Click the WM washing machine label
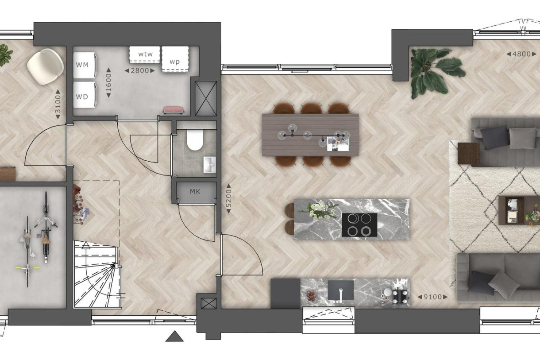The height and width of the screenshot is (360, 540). [x=82, y=65]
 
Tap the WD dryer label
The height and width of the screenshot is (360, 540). [x=82, y=96]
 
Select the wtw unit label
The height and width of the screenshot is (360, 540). [x=145, y=54]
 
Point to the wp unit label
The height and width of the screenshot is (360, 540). [x=175, y=62]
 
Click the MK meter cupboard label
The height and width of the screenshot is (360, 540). [x=195, y=192]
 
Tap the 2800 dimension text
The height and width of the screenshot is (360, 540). [x=140, y=70]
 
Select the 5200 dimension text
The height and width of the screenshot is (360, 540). [x=229, y=199]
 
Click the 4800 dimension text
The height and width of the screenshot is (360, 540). [x=521, y=54]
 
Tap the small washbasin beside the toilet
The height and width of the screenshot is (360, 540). [x=209, y=164]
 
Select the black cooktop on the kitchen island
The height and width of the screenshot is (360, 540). [x=359, y=225]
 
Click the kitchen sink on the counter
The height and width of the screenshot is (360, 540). [x=340, y=290]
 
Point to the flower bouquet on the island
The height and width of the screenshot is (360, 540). [x=321, y=209]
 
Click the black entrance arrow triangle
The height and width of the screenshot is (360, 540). [x=174, y=337]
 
